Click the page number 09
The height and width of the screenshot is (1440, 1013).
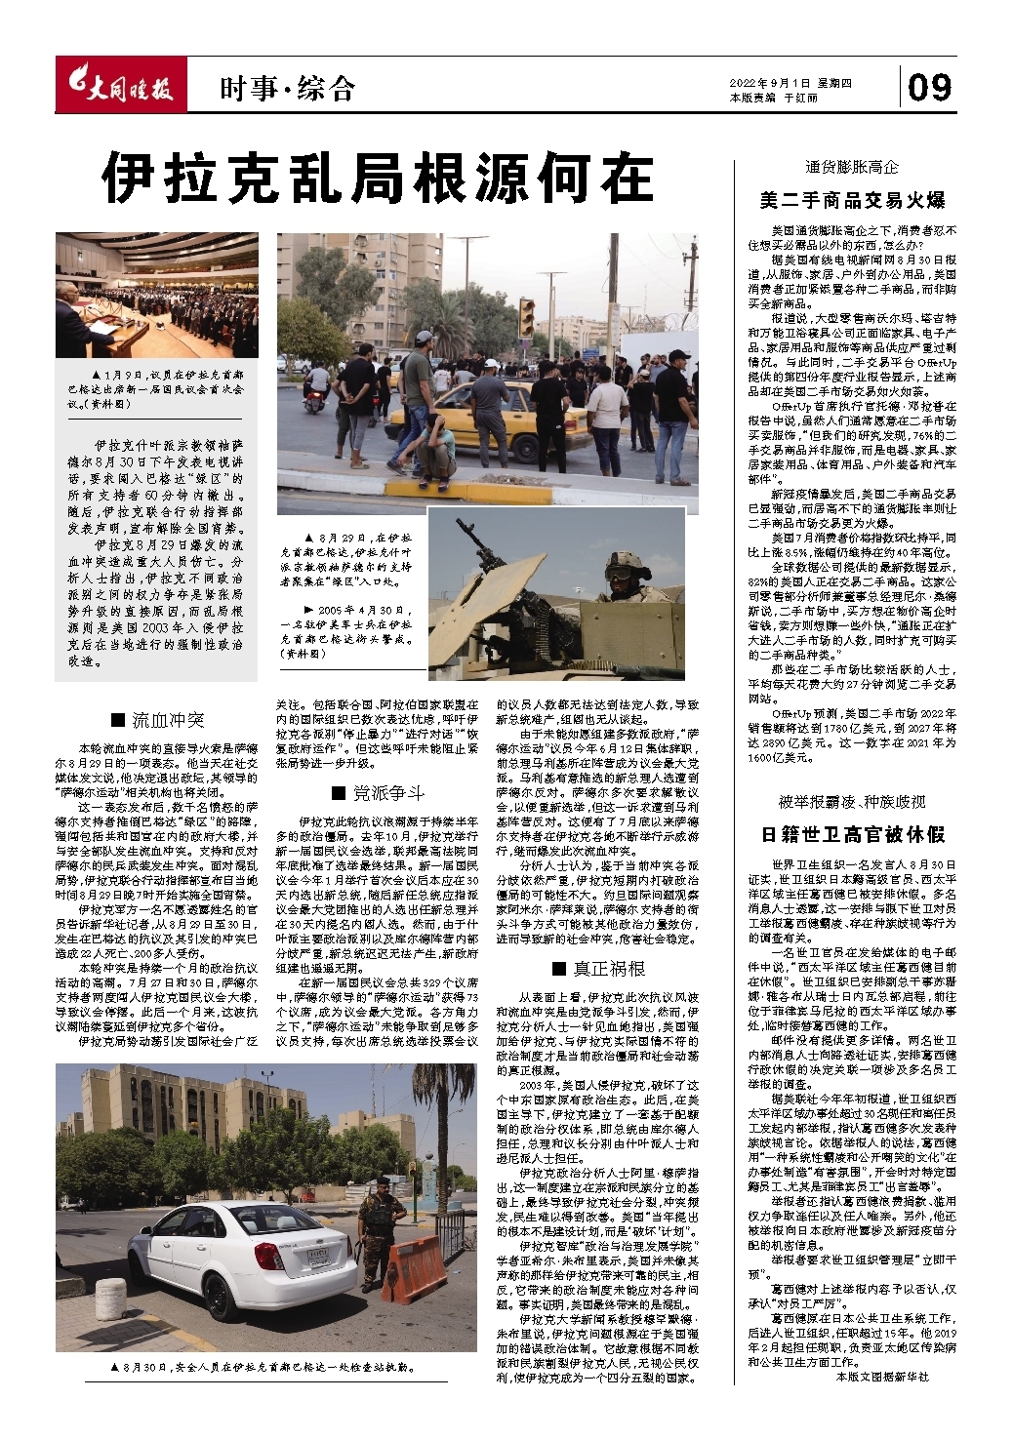(x=928, y=88)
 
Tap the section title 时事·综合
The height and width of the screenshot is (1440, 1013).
(x=286, y=90)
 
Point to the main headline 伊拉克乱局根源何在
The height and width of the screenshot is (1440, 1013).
(x=378, y=178)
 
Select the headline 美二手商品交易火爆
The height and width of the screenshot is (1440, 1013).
(x=852, y=200)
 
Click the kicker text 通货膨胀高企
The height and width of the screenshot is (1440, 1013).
(x=852, y=167)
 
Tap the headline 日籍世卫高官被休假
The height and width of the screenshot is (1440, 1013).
(x=852, y=834)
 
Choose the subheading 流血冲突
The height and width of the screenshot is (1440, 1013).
(x=158, y=721)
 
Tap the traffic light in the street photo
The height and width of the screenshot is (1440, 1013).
(x=527, y=318)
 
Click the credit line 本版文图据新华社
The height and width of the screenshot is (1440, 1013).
(x=882, y=1376)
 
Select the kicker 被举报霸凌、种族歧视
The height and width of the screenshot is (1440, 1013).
(x=852, y=802)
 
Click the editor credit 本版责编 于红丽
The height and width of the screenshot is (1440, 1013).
(x=774, y=99)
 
